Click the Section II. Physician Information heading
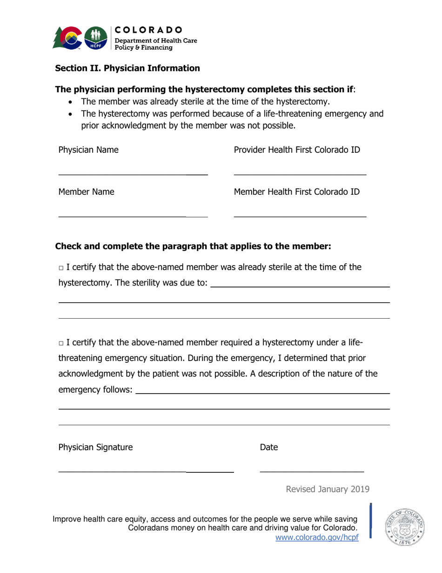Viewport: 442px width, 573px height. point(127,68)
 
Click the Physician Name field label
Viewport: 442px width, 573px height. point(88,150)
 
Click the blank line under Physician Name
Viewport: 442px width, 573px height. point(133,174)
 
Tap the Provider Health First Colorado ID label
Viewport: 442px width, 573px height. point(297,150)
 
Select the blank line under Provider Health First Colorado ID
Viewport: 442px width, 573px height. point(300,174)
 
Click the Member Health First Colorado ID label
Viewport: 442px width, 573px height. point(296,191)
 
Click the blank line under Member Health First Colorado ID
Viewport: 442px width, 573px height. point(300,216)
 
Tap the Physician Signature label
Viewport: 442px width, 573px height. point(95,448)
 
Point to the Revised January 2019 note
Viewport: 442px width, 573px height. point(327,489)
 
